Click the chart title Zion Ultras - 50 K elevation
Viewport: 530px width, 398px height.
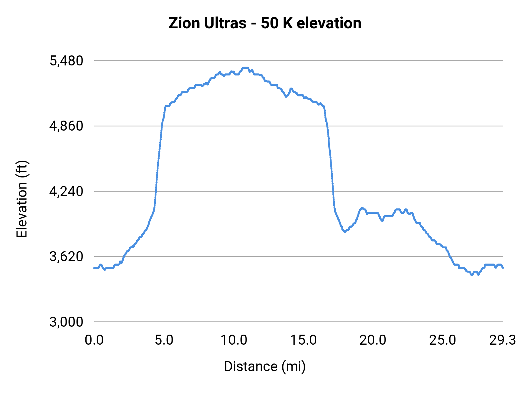pos(265,23)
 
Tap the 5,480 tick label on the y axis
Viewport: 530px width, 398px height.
pos(66,61)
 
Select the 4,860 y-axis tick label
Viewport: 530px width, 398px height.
pos(66,126)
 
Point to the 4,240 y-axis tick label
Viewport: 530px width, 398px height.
pos(66,191)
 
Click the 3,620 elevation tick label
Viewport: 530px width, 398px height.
pos(66,256)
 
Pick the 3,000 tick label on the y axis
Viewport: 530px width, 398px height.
pos(66,322)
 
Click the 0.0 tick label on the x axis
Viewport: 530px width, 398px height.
pos(94,340)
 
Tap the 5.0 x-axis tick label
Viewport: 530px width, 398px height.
pos(164,340)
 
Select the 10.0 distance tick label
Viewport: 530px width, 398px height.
pos(234,340)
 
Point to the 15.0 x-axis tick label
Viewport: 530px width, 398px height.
pos(303,340)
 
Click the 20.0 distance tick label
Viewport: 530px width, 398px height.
pos(373,340)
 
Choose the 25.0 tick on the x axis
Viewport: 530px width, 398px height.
pos(443,340)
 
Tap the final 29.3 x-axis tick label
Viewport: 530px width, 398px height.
pos(503,340)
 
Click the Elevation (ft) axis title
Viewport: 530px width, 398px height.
pos(22,199)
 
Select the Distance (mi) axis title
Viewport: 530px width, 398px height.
pos(265,366)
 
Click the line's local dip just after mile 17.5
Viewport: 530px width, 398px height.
pos(345,232)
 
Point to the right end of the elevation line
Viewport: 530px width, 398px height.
pos(503,268)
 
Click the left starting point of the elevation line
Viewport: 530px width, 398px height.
pos(94,268)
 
